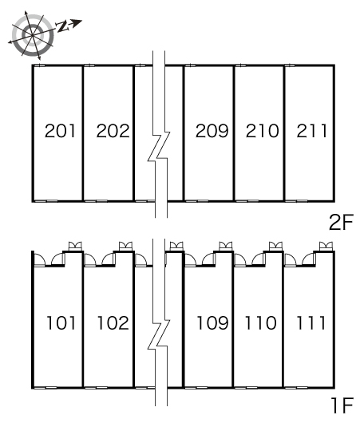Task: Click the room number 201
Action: tap(60, 131)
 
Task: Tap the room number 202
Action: tap(113, 131)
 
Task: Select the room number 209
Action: tap(212, 131)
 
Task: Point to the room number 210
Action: tap(262, 131)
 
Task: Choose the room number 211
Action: tap(312, 131)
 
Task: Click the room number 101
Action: tap(61, 323)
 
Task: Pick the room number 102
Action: tap(113, 323)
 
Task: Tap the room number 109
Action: tap(212, 323)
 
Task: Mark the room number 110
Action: tap(260, 323)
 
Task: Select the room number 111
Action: tap(311, 323)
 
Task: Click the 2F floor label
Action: tap(341, 222)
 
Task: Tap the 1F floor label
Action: tap(342, 405)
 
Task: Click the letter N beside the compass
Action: tap(62, 26)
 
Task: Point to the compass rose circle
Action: tap(33, 35)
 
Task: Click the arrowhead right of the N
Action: tap(77, 23)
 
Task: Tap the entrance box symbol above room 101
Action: tap(75, 246)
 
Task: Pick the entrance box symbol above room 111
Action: tap(326, 246)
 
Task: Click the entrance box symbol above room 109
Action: tap(226, 246)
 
